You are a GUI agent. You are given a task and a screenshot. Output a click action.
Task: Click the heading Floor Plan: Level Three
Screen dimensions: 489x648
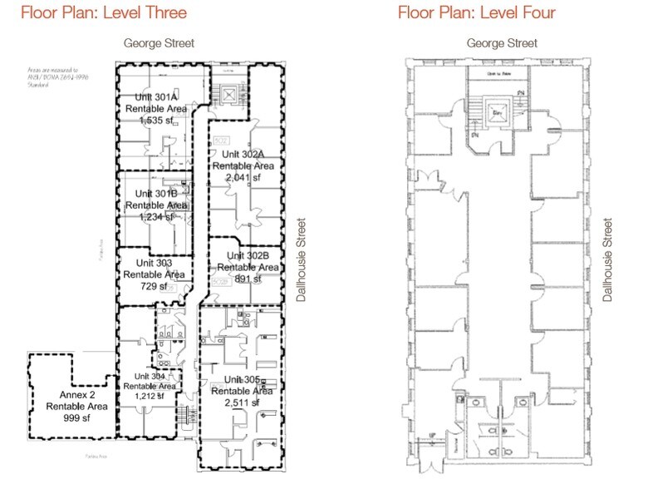104,12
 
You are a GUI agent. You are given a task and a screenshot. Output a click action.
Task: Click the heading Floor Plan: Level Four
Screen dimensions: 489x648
476,12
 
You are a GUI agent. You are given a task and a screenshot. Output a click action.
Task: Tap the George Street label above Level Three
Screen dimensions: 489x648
159,43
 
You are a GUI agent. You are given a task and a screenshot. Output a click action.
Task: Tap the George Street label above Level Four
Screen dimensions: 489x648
502,43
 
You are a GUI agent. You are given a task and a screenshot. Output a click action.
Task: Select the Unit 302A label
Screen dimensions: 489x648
242,154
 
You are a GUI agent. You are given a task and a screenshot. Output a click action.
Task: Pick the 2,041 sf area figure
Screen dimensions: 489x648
243,177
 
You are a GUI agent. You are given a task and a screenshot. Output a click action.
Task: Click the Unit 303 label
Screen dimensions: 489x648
145,263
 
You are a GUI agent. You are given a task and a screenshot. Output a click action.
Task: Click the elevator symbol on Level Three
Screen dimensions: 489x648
226,96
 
